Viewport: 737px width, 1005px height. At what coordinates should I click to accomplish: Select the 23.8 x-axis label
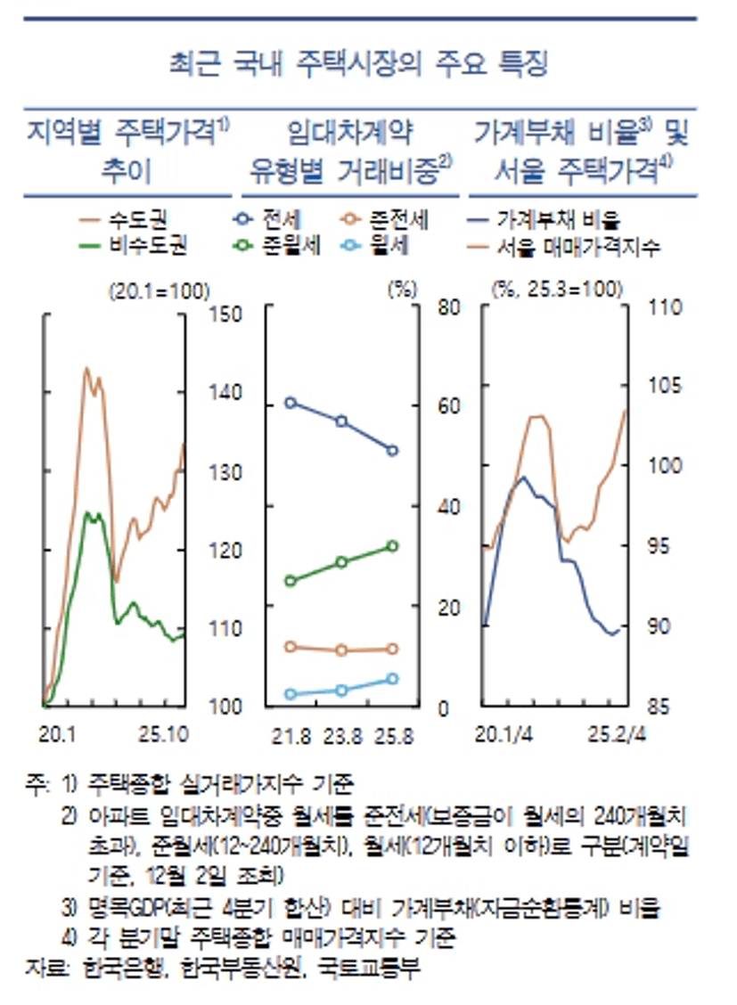point(342,737)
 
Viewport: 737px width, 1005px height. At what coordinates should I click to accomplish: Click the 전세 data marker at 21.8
point(290,403)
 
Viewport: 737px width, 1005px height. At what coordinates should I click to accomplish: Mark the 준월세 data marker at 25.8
point(393,545)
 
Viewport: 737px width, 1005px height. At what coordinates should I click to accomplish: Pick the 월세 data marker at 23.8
point(341,690)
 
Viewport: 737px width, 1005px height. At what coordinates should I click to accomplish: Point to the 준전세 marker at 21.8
point(290,646)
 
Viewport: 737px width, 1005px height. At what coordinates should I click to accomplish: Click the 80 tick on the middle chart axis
point(448,307)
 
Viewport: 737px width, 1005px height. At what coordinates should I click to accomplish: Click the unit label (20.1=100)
point(159,290)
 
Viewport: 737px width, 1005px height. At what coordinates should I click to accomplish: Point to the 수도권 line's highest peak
point(86,368)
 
